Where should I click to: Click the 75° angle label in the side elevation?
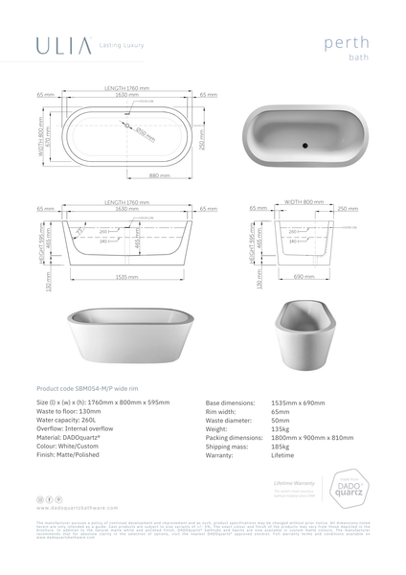click(80, 230)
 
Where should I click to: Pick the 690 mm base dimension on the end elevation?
click(304, 275)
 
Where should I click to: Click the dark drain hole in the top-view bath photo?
click(304, 147)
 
